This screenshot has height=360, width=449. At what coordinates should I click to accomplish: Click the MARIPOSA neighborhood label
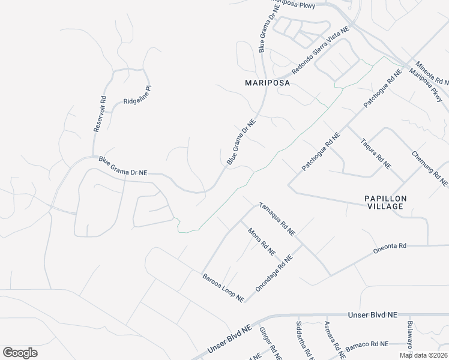point(267,83)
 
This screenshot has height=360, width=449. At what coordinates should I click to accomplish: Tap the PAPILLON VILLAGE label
point(385,202)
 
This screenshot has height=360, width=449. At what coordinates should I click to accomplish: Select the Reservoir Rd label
point(100,114)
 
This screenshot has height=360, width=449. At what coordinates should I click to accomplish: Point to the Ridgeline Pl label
point(138,95)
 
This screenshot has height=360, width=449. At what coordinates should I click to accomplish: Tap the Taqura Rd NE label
point(376,154)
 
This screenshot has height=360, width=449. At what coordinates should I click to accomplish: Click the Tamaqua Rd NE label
point(277,218)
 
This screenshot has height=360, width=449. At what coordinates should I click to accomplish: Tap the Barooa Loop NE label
point(223,287)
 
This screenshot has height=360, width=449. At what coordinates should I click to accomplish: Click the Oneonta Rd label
point(390,245)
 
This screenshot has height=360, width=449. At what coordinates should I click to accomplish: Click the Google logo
point(20,352)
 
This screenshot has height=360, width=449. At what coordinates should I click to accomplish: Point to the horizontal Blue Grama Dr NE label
point(123,166)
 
